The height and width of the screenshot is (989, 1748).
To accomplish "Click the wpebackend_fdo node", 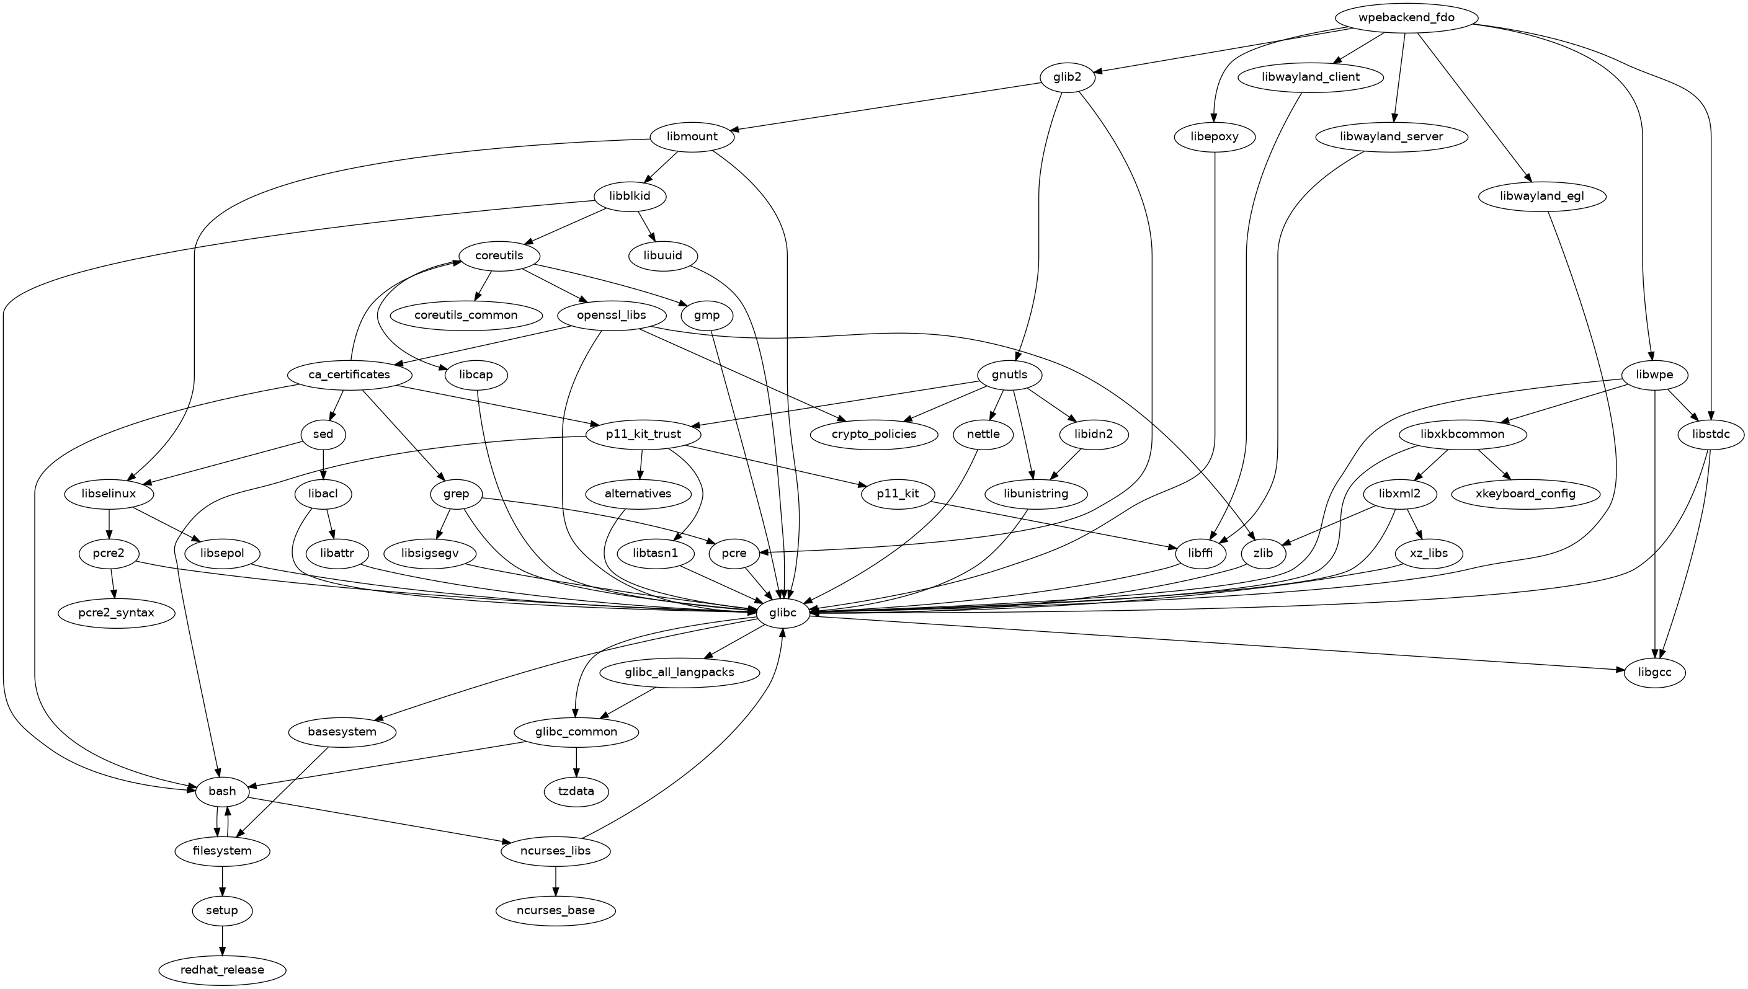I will coord(1405,17).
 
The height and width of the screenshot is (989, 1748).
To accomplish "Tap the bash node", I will coord(222,791).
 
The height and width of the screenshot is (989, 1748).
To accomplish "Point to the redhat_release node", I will coord(222,969).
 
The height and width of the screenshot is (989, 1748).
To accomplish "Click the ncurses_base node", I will coord(556,910).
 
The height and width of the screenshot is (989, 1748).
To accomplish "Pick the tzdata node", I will coord(576,791).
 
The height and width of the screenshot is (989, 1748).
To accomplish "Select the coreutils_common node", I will coord(466,315).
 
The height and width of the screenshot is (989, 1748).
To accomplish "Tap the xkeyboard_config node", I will coord(1525,494).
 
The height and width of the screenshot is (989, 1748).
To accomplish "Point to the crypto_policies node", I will coord(873,434).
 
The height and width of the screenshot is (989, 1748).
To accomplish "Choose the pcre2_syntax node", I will coord(116,613).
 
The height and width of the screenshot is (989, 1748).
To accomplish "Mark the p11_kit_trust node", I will coord(643,434).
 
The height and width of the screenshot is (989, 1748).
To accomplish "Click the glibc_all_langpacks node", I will coord(679,673).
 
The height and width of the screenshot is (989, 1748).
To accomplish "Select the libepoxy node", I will coord(1214,136).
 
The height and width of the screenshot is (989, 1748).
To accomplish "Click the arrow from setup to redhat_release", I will coord(222,940).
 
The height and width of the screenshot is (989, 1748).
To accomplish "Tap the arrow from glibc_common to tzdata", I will coord(576,762).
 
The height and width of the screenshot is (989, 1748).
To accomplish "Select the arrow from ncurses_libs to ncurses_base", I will coord(556,880).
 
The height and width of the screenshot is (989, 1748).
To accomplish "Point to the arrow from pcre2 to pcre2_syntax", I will coord(113,583).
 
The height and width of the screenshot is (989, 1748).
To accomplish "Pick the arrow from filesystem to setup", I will coord(222,880).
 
